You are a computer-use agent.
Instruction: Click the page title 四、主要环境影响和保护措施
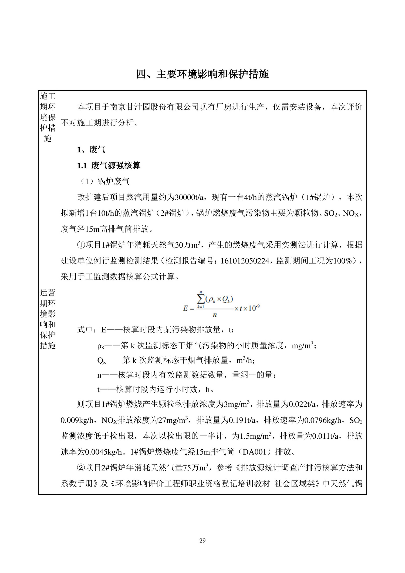[202, 74]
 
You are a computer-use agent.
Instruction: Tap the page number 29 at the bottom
[202, 540]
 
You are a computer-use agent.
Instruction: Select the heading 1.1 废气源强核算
[109, 165]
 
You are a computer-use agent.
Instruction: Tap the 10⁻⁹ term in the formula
[254, 308]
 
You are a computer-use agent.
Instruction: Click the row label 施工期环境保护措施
[48, 117]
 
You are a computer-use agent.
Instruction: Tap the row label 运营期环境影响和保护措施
[48, 319]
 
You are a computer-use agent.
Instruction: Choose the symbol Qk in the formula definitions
[102, 361]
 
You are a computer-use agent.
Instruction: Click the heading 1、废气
[91, 150]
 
